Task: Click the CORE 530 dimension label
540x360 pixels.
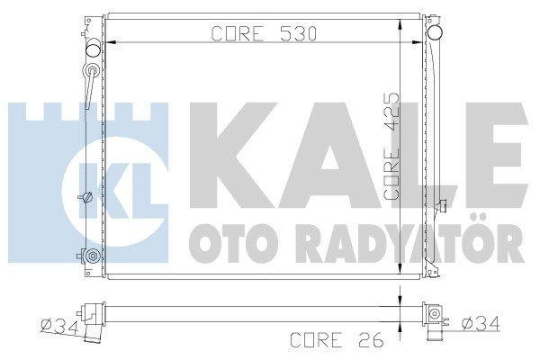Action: pyautogui.click(x=251, y=35)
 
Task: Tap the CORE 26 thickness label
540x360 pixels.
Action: pyautogui.click(x=329, y=340)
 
